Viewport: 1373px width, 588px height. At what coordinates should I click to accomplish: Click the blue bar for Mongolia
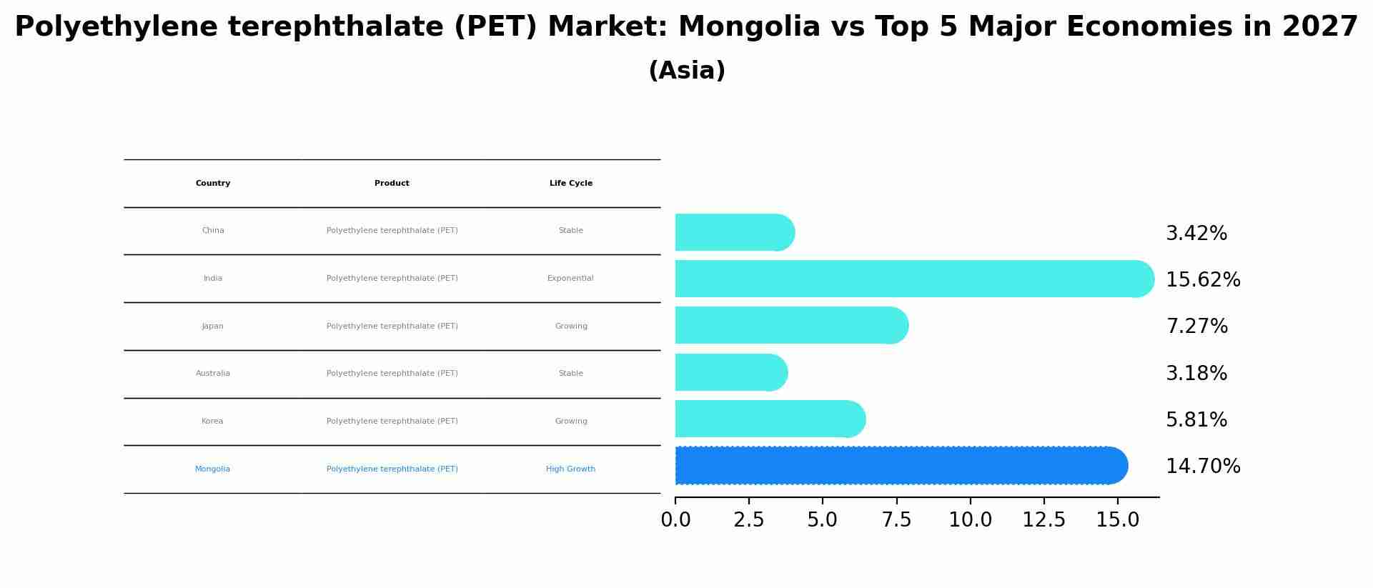tap(901, 466)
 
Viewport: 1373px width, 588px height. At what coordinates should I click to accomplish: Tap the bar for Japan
tap(790, 326)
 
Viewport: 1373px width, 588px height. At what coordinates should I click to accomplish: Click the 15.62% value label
tap(1203, 280)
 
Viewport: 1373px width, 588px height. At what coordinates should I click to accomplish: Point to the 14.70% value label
tap(1203, 467)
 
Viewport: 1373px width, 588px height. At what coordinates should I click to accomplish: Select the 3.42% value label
tap(1196, 234)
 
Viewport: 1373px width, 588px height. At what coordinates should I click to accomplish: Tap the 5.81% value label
tap(1196, 420)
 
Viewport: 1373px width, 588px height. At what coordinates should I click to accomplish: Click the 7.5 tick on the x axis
tap(896, 520)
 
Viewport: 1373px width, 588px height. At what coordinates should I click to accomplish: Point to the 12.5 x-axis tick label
tap(1044, 520)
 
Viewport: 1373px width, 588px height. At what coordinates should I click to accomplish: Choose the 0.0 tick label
tap(675, 520)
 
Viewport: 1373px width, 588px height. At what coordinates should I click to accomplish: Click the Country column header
tap(213, 184)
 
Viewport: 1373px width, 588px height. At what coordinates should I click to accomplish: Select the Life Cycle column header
tap(571, 184)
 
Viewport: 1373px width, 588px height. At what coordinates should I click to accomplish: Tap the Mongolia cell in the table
tap(212, 469)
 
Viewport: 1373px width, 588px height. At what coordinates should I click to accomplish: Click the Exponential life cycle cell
tap(570, 279)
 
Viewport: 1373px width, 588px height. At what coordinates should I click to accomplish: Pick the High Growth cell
tap(570, 469)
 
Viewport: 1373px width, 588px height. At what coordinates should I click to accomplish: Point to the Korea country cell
tap(212, 422)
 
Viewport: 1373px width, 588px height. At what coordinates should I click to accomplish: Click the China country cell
tap(213, 231)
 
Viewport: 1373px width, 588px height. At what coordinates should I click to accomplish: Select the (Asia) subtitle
tap(687, 71)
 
